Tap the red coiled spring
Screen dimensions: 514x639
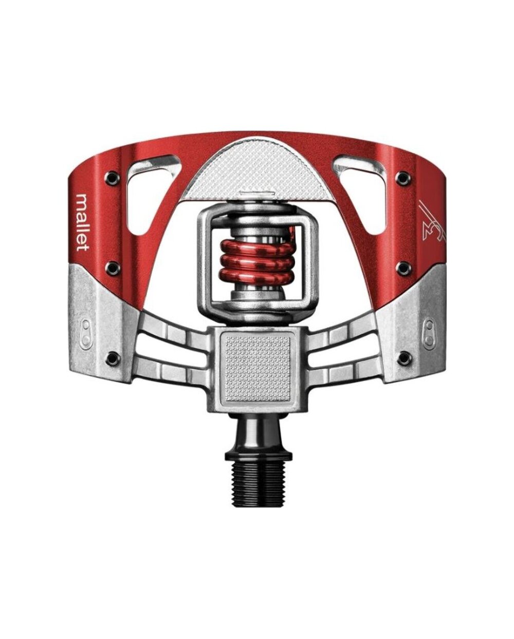point(257,261)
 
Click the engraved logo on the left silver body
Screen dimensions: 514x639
point(86,333)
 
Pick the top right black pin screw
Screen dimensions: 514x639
point(402,178)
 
